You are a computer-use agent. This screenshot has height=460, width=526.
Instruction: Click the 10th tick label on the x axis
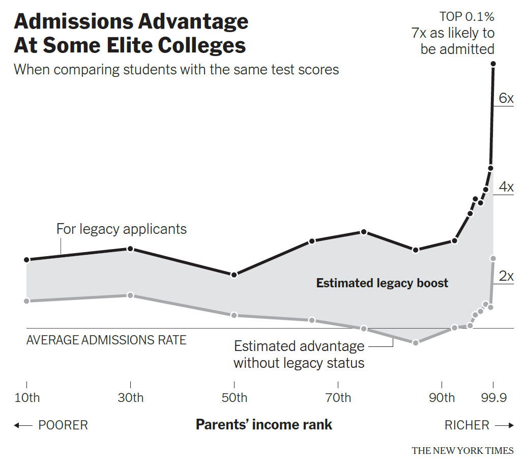[x=26, y=397]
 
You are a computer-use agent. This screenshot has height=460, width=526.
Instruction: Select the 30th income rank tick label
[x=131, y=397]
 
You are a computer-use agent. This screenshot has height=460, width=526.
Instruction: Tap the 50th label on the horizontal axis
[x=234, y=397]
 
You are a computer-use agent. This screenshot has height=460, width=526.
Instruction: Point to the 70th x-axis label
[x=338, y=397]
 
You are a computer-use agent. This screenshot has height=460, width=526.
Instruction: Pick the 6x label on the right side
[x=506, y=98]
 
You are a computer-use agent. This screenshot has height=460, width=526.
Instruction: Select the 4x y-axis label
[x=506, y=187]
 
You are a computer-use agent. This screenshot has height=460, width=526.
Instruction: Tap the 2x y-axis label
[x=506, y=277]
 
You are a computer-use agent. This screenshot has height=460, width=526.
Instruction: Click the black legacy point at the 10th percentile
[x=26, y=260]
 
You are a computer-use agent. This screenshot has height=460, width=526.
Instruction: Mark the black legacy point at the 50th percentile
[x=234, y=275]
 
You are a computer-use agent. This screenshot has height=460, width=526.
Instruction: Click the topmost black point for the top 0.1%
[x=493, y=64]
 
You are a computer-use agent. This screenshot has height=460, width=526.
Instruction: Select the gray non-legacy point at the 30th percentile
[x=130, y=295]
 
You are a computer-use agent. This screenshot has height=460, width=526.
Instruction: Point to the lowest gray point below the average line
[x=416, y=342]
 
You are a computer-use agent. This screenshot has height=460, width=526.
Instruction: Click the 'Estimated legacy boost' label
[x=382, y=283]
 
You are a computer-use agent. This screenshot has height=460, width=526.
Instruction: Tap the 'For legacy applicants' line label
[x=122, y=229]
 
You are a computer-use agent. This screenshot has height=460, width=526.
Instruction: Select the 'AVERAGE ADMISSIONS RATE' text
[x=106, y=340]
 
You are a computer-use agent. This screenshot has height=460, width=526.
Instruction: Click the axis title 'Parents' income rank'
[x=264, y=424]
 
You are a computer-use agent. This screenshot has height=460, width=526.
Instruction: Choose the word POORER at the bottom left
[x=63, y=425]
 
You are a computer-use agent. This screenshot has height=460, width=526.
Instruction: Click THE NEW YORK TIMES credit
[x=462, y=450]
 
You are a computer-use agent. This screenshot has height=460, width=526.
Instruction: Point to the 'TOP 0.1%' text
[x=467, y=17]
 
